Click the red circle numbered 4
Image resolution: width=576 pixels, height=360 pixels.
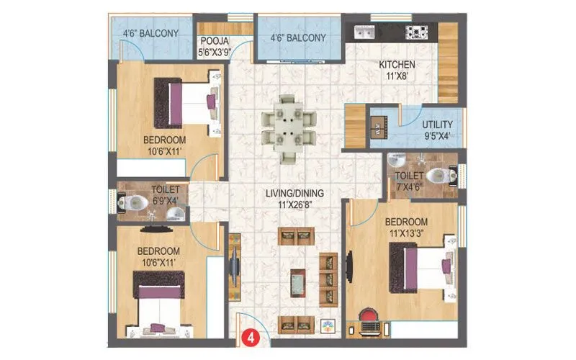point(250,336)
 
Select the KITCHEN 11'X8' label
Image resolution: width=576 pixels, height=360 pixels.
point(397,70)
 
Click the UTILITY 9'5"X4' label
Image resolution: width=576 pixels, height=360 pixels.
point(437,129)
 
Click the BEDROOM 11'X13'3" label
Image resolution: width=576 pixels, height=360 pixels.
point(407,227)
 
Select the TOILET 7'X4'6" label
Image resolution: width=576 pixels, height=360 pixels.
point(408,180)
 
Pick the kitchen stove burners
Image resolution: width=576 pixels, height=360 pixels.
point(417,32)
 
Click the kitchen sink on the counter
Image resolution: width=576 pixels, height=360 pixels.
point(363,32)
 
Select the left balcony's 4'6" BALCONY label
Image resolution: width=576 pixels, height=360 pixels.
point(150,32)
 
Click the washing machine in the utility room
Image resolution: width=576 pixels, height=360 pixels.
point(379,127)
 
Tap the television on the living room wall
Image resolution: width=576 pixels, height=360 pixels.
point(234,266)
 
